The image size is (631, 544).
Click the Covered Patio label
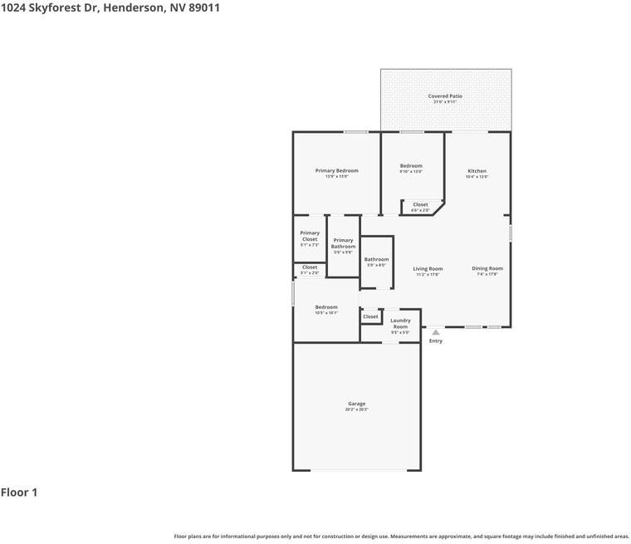click(x=445, y=96)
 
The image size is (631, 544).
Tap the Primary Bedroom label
click(x=336, y=170)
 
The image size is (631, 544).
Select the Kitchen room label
click(x=477, y=171)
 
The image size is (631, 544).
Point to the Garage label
click(x=356, y=404)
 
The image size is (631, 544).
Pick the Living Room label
click(x=428, y=268)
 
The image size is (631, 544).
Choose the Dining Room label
click(x=487, y=268)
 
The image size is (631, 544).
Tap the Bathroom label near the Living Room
click(x=376, y=259)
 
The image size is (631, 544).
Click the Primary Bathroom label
click(x=343, y=243)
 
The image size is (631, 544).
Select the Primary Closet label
click(x=310, y=236)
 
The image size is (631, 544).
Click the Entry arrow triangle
click(x=435, y=332)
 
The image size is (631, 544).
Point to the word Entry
click(x=436, y=341)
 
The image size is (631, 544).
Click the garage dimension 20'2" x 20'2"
click(x=356, y=409)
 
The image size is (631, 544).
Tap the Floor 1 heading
click(x=19, y=493)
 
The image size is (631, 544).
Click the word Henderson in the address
click(x=138, y=7)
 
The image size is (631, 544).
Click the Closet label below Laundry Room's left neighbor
click(x=370, y=316)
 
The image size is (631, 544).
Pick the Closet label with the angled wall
click(x=420, y=204)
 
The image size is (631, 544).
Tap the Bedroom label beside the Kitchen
click(x=411, y=166)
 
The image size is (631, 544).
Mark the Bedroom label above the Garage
click(x=326, y=307)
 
